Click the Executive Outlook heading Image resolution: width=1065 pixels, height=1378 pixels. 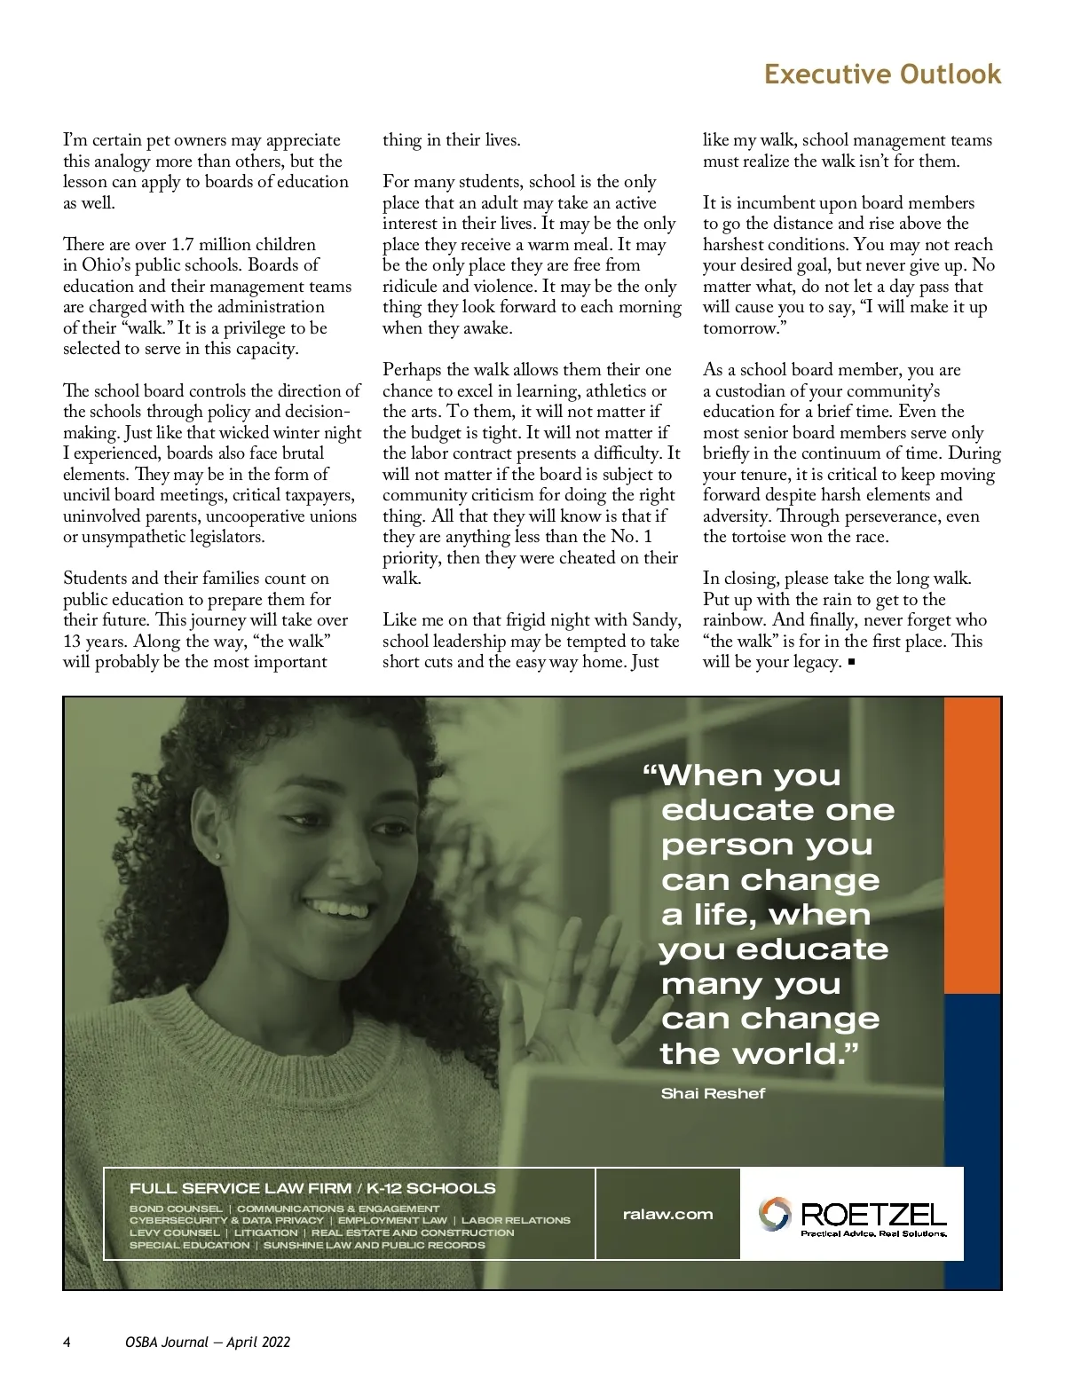pyautogui.click(x=882, y=74)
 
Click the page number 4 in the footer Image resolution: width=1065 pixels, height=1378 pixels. pyautogui.click(x=67, y=1342)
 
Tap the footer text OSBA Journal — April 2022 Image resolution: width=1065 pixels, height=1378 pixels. pyautogui.click(x=208, y=1342)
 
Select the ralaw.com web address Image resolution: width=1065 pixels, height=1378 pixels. pyautogui.click(x=667, y=1214)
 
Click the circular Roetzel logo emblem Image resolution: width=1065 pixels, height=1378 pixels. pyautogui.click(x=774, y=1214)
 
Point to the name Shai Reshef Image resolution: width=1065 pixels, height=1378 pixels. pyautogui.click(x=713, y=1093)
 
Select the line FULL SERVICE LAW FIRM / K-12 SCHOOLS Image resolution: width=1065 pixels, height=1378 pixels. pyautogui.click(x=312, y=1188)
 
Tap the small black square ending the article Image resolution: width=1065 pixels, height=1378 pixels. pyautogui.click(x=852, y=662)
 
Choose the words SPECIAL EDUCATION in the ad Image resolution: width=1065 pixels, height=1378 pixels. pyautogui.click(x=189, y=1245)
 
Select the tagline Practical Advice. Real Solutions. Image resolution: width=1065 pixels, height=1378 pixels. pyautogui.click(x=873, y=1233)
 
